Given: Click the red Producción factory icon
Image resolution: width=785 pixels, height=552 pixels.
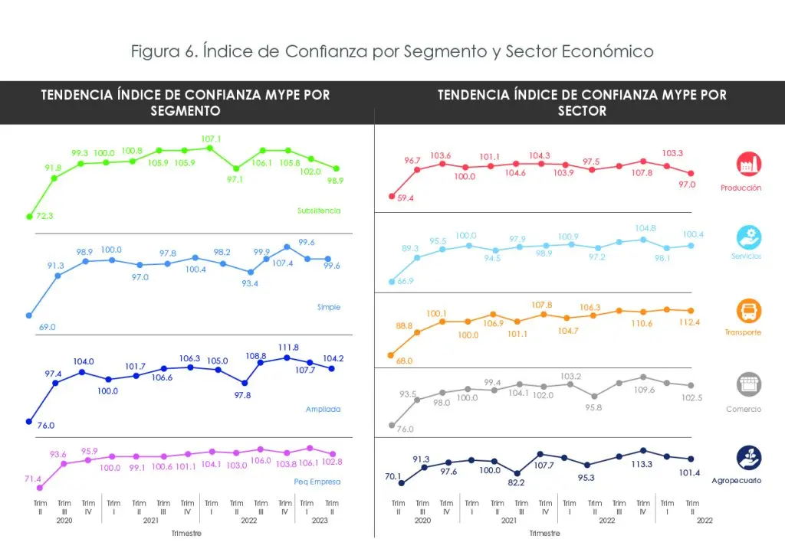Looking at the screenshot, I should pyautogui.click(x=748, y=164).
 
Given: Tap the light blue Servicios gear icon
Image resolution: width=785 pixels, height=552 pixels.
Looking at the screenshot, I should pyautogui.click(x=748, y=237).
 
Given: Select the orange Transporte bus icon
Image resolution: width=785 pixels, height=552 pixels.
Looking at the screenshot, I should pyautogui.click(x=748, y=311).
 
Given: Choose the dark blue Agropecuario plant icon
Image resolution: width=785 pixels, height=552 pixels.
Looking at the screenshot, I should pyautogui.click(x=748, y=458).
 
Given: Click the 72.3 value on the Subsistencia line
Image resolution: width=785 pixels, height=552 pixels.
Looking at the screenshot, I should pyautogui.click(x=46, y=217).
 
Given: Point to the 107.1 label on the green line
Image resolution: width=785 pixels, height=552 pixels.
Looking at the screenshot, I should pyautogui.click(x=211, y=139).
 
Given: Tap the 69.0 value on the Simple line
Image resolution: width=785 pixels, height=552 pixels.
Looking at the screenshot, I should pyautogui.click(x=47, y=327).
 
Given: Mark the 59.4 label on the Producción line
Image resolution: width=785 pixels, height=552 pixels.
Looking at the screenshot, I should pyautogui.click(x=406, y=198).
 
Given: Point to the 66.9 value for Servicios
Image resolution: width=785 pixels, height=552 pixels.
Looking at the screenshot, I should pyautogui.click(x=406, y=282).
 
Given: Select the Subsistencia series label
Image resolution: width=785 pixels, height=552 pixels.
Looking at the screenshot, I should pyautogui.click(x=319, y=211).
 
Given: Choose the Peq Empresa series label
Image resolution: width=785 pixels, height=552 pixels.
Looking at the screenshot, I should pyautogui.click(x=317, y=482).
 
